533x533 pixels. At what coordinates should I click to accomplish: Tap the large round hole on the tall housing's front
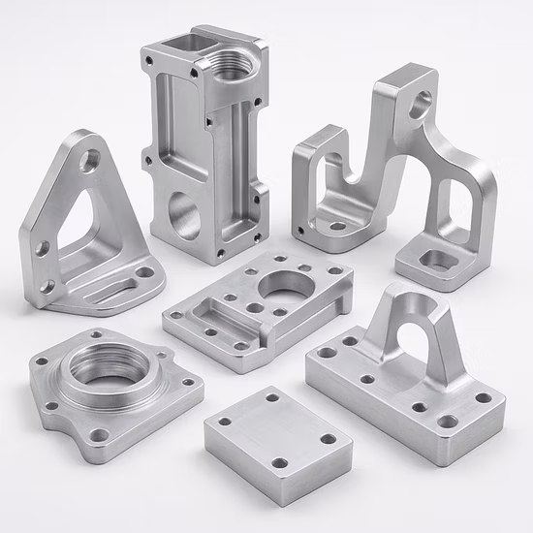point(184,215)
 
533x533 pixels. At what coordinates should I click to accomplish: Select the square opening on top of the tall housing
point(181,44)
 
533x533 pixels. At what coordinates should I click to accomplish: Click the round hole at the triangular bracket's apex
point(88,161)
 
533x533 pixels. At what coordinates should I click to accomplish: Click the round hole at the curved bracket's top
point(420,102)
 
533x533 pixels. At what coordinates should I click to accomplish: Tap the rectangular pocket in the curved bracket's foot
point(438,260)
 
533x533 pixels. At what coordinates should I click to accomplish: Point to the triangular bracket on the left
point(82,233)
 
